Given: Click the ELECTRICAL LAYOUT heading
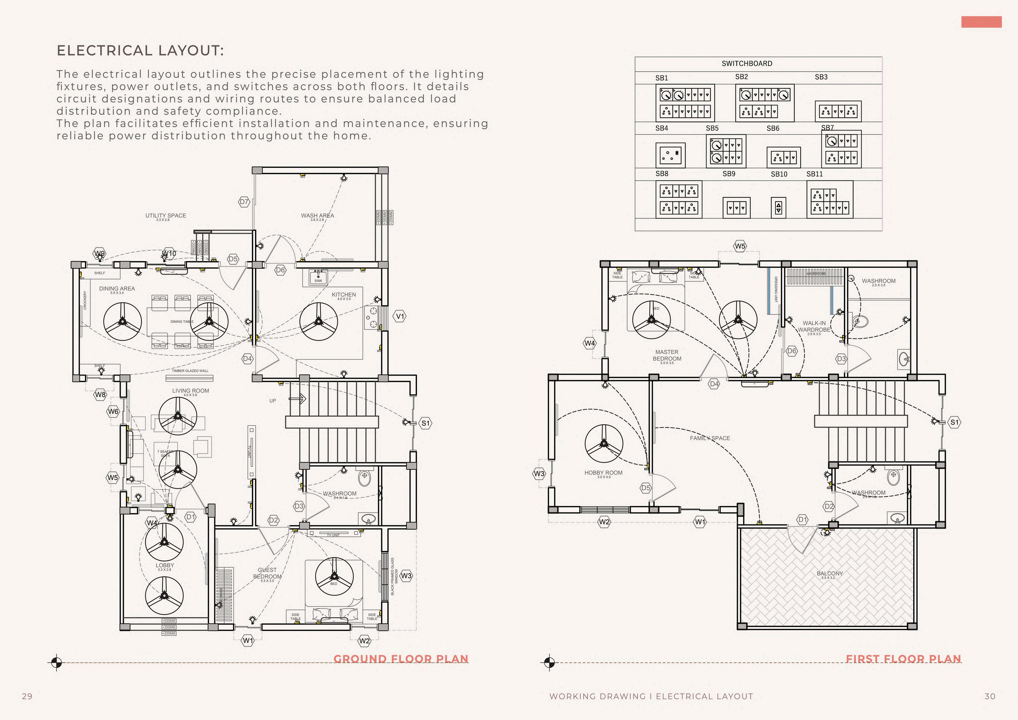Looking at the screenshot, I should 140,51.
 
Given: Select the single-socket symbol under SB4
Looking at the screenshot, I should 670,155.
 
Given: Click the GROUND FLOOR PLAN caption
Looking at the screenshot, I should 401,659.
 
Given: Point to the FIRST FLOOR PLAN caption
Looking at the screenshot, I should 903,659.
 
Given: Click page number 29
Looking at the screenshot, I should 27,696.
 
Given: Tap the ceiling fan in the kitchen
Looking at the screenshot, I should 318,321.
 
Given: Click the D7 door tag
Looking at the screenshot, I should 244,202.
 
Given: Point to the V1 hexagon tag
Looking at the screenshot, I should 400,316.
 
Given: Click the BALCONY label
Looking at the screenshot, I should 830,574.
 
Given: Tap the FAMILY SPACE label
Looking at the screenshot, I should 710,438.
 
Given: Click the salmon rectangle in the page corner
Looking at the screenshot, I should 981,22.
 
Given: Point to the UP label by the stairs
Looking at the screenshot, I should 273,401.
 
